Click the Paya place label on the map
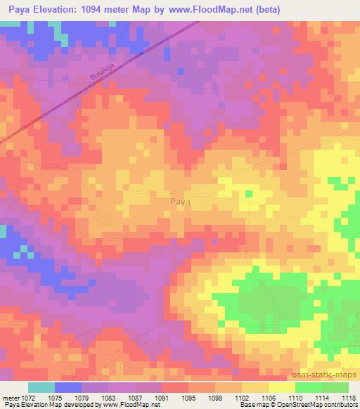[181, 201]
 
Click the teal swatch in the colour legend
[41, 387]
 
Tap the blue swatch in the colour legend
[68, 387]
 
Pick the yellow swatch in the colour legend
[282, 387]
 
